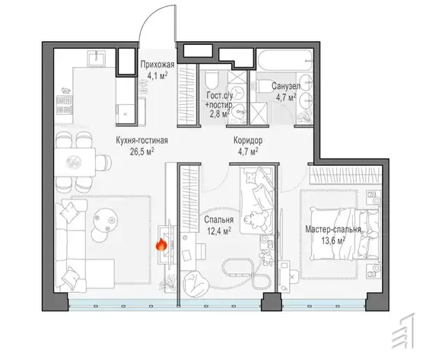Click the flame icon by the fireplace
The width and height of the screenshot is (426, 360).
tap(161, 244)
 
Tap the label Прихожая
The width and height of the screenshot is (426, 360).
tap(157, 65)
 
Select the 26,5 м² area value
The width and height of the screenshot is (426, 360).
tap(142, 151)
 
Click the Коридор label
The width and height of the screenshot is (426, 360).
tap(248, 141)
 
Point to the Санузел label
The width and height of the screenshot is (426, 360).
tap(286, 87)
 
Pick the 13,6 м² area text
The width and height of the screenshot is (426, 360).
tap(333, 241)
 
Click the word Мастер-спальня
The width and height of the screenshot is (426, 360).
tap(333, 230)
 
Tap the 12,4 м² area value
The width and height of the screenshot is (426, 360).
tap(219, 231)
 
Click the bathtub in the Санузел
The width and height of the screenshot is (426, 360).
tap(285, 61)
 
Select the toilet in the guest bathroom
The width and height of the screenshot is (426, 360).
tap(212, 78)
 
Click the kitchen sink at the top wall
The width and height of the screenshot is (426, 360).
tap(96, 58)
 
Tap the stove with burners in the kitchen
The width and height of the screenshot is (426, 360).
tap(65, 105)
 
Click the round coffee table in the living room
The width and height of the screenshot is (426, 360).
tap(106, 220)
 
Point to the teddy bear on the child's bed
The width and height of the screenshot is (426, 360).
tap(255, 219)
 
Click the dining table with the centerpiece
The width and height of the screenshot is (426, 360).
tap(75, 162)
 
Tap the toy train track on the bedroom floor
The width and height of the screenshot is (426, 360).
tap(246, 273)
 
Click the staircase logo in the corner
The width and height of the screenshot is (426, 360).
tap(404, 330)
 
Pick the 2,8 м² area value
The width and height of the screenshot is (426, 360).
tap(220, 113)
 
